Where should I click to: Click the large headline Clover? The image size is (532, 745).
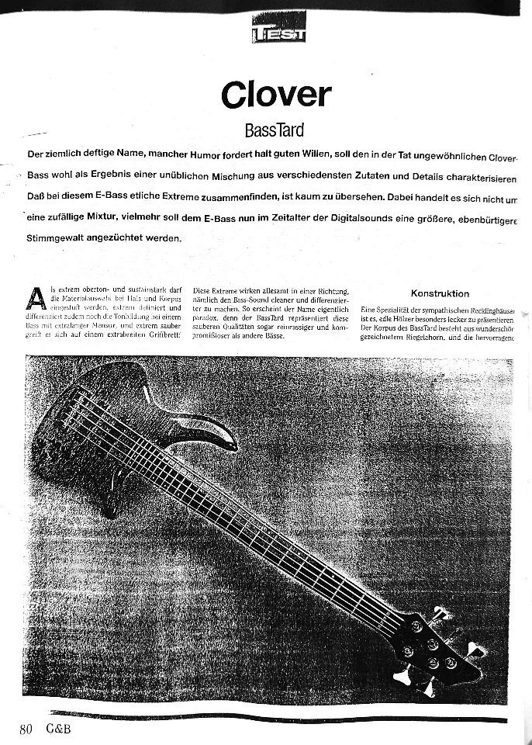point(275,95)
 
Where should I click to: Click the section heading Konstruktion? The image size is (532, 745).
point(440,293)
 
